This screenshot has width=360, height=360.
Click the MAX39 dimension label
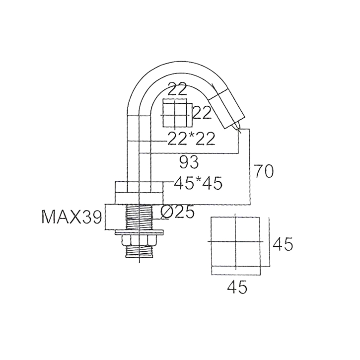pos(72,217)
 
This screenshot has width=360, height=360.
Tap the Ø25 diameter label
pos(177,213)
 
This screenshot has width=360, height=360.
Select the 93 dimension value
pos(189,162)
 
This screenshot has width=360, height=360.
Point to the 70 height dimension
pos(264,171)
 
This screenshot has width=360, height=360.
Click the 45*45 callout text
pos(198,184)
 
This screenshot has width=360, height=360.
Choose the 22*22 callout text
pos(191,139)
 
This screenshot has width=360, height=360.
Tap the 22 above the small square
pos(177,89)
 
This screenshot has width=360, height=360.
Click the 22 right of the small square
pos(202,113)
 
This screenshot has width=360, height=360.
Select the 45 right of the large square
pos(283,244)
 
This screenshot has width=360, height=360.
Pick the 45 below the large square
pos(237,287)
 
